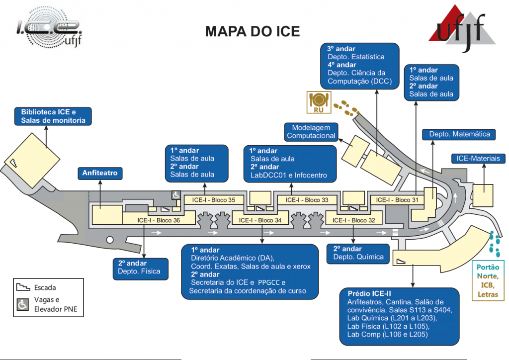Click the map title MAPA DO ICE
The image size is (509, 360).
click(x=253, y=32)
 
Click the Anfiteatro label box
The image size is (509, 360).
click(x=100, y=174)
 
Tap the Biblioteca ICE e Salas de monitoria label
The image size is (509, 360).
click(x=53, y=116)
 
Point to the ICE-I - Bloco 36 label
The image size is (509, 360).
click(x=159, y=220)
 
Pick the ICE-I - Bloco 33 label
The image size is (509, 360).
click(x=307, y=200)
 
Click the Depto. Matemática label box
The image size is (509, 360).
click(x=459, y=134)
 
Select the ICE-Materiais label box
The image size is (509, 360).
click(x=478, y=159)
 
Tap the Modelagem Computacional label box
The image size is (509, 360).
click(x=311, y=132)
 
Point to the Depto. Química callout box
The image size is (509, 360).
click(x=358, y=253)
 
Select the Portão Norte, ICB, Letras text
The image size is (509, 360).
click(x=488, y=281)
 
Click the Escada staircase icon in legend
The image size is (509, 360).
click(x=23, y=287)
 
